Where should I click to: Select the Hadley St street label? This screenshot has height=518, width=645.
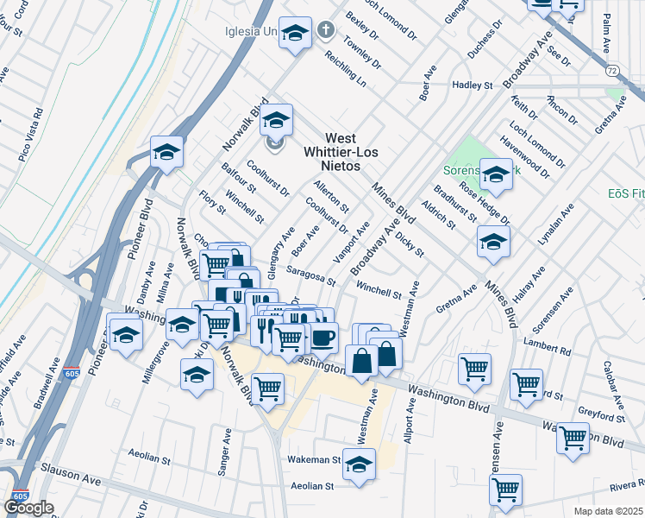[473, 85]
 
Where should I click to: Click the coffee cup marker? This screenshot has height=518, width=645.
[323, 338]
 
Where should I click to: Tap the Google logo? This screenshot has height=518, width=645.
[28, 506]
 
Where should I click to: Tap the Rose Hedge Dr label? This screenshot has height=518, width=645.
[484, 200]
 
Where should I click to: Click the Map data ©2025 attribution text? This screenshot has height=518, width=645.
[608, 511]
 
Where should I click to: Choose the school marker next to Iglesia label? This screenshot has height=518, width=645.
[296, 35]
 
